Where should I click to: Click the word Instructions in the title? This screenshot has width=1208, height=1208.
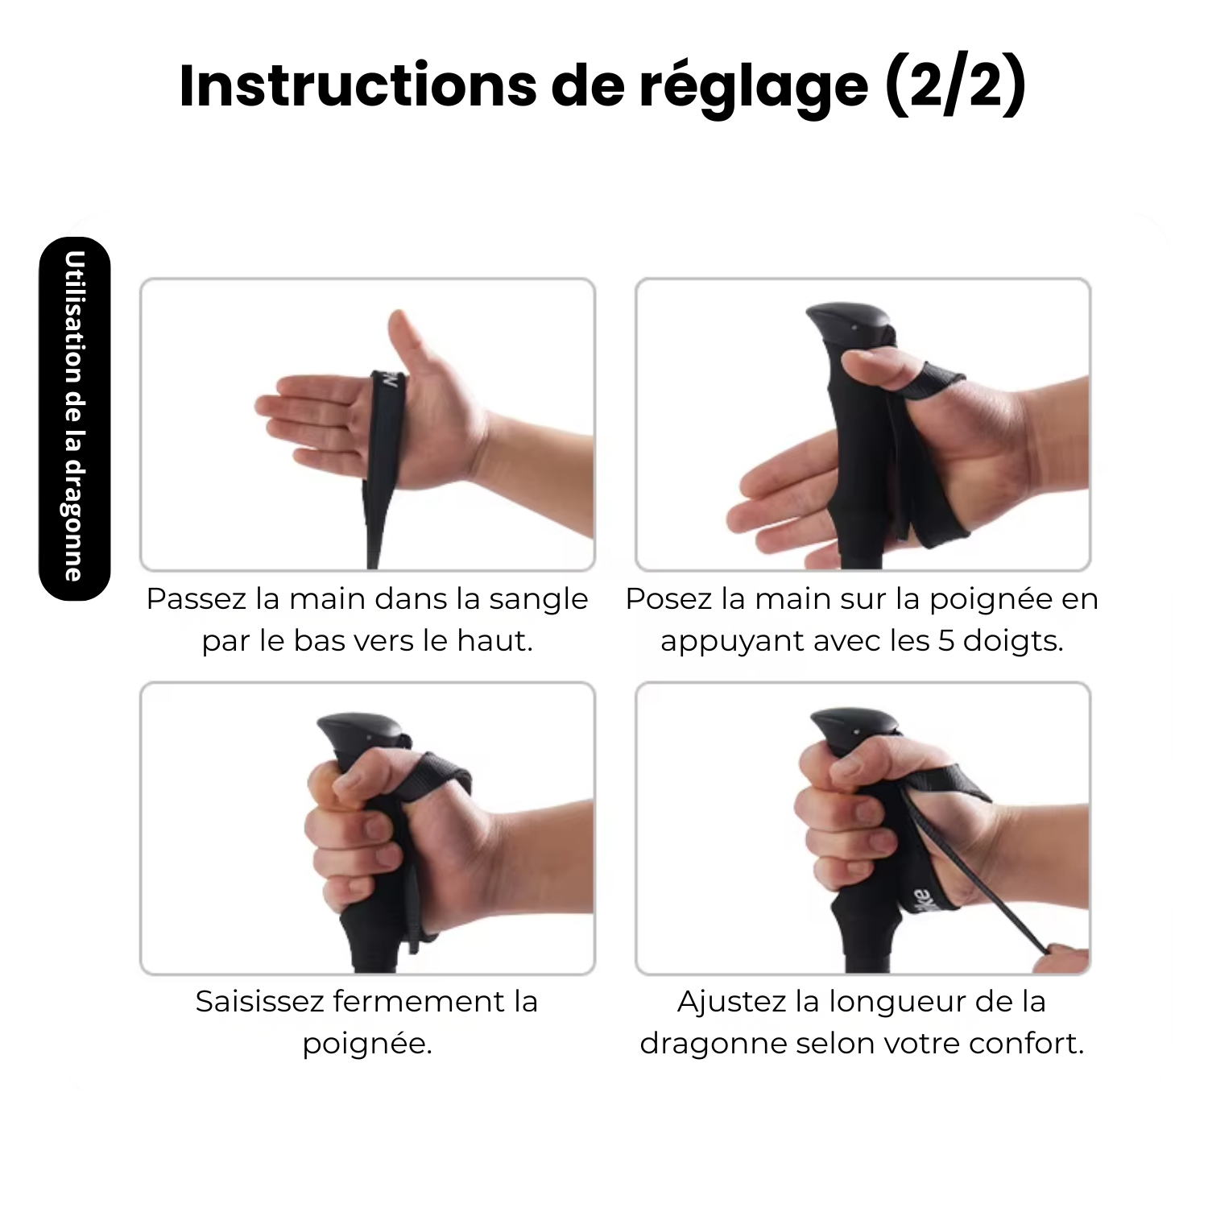click(358, 85)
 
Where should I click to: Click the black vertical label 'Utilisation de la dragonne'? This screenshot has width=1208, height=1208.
click(74, 418)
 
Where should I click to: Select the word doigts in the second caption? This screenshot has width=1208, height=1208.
click(1013, 643)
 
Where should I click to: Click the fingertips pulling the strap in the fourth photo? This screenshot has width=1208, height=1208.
click(1061, 959)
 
